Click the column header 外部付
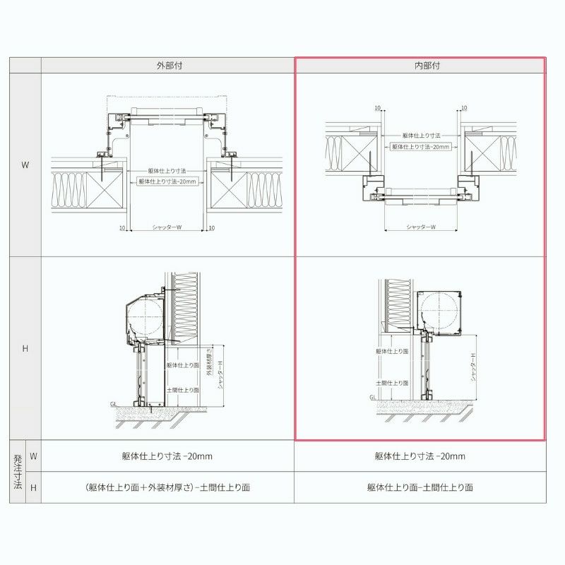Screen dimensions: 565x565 (167, 66)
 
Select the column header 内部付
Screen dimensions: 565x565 (420, 66)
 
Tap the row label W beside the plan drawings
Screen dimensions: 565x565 (25, 165)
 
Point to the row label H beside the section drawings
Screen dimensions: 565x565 (25, 349)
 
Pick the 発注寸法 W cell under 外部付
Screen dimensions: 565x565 (167, 456)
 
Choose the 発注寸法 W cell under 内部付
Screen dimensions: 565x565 (420, 456)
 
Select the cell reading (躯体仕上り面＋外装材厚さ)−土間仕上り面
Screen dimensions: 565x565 (167, 487)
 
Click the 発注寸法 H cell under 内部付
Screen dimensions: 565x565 (420, 487)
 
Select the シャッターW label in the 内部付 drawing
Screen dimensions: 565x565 (420, 227)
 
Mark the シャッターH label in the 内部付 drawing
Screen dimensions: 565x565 (474, 368)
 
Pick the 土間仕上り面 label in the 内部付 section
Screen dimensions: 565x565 (391, 382)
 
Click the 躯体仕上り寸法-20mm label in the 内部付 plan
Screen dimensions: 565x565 (421, 146)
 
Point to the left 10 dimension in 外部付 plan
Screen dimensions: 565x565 (122, 228)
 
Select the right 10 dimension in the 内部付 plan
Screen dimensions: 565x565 (463, 108)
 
